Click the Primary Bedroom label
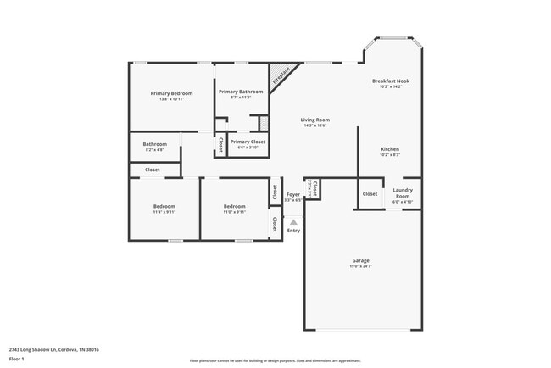171,92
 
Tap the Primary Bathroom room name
240,91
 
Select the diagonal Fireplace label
281,77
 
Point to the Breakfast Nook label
390,81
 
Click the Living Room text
314,120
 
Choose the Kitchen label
390,149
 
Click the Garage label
361,260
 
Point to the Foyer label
292,194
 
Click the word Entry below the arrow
293,231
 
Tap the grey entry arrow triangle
293,221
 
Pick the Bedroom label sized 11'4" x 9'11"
164,206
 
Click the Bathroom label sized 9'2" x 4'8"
154,143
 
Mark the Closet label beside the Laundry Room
370,194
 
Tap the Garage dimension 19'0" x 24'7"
361,266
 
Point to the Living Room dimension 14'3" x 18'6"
314,125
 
